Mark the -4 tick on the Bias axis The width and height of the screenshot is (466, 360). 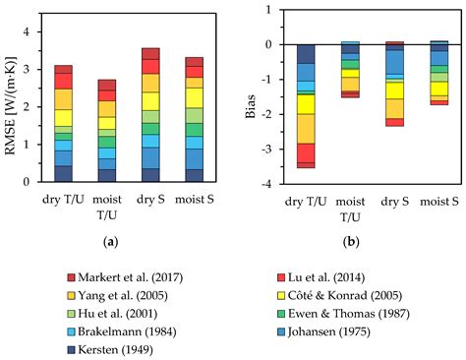268,184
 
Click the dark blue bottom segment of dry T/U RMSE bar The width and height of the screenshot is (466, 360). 63,174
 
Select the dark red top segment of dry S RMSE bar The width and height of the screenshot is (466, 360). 150,53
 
